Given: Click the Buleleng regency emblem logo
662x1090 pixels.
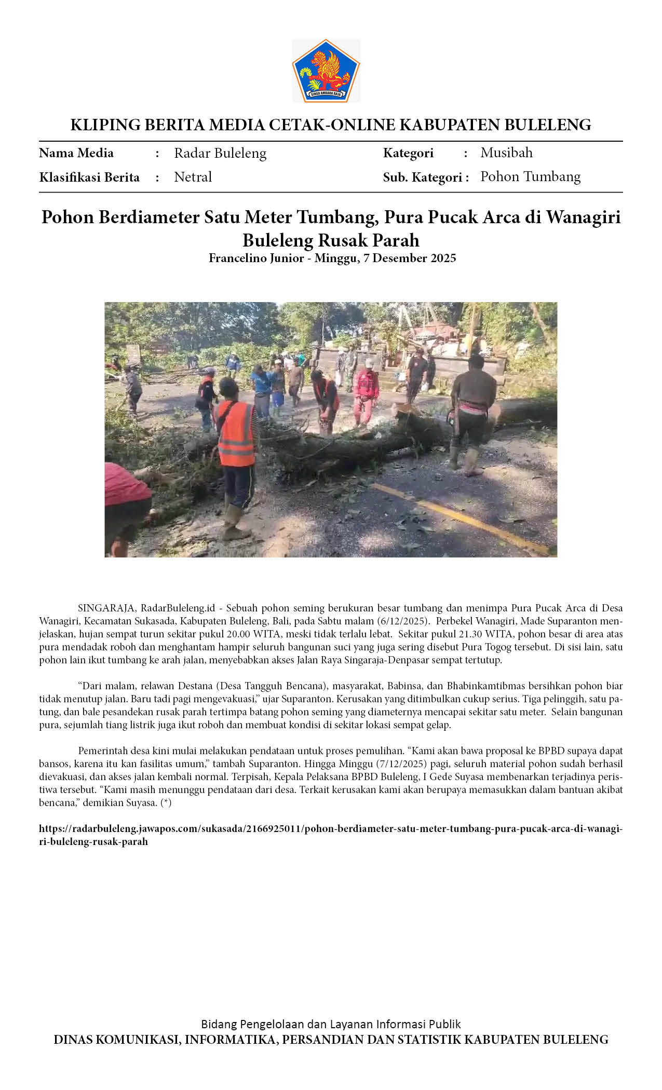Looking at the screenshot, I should click(326, 71).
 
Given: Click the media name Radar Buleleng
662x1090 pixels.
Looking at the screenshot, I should click(220, 153).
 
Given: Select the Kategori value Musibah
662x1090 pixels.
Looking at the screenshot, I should click(506, 153).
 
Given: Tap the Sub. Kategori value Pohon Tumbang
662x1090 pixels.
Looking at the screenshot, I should click(530, 176).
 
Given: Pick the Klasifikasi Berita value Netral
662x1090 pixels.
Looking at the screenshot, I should click(193, 177).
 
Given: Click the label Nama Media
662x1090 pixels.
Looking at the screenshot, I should click(76, 153).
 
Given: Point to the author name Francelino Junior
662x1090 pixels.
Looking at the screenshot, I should click(256, 258).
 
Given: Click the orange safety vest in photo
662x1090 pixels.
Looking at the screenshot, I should click(235, 433).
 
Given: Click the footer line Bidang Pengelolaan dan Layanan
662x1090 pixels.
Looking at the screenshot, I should click(331, 1024).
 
